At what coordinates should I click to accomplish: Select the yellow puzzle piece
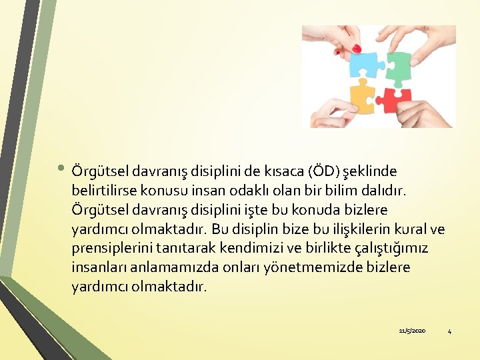[x=361, y=96]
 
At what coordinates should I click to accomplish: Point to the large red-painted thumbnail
[x=356, y=49]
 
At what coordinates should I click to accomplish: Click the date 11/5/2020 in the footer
[x=412, y=331]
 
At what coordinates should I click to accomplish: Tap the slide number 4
[x=449, y=331]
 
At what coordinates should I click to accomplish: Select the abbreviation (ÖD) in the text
[x=323, y=171]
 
